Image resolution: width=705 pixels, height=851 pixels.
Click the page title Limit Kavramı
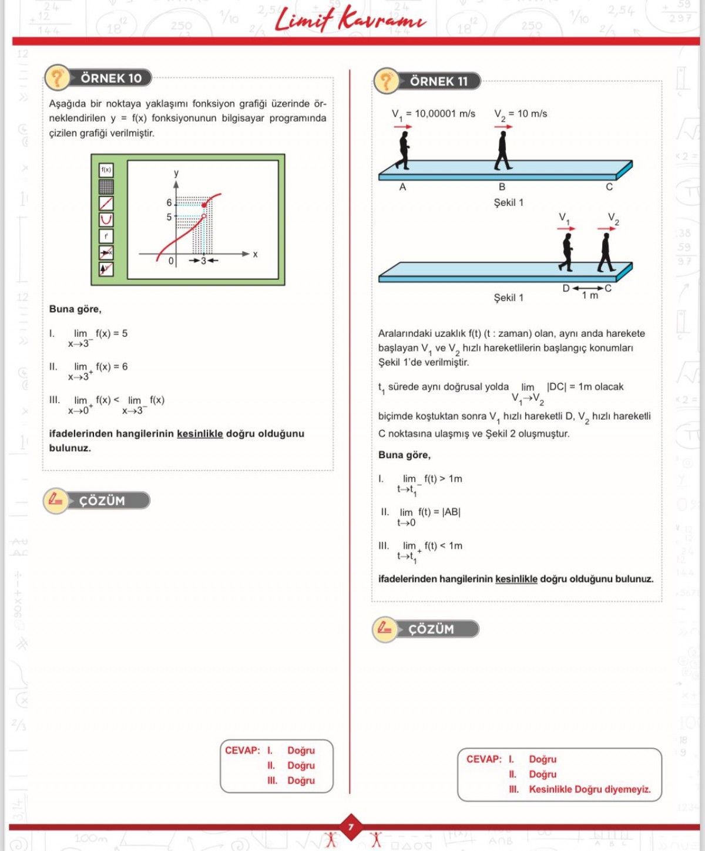pyautogui.click(x=350, y=19)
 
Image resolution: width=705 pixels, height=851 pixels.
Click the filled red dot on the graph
pyautogui.click(x=204, y=205)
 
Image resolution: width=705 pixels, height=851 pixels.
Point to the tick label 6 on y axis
pyautogui.click(x=169, y=202)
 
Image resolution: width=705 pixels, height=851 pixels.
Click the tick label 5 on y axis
pyautogui.click(x=169, y=217)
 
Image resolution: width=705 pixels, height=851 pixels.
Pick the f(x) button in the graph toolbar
pyautogui.click(x=106, y=170)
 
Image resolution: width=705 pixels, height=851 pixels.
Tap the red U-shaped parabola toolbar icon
pyautogui.click(x=106, y=219)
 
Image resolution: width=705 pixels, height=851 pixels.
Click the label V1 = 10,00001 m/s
pyautogui.click(x=434, y=114)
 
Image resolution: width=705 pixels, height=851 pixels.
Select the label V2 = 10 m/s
pyautogui.click(x=521, y=114)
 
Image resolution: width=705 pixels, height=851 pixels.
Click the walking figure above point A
pyautogui.click(x=404, y=150)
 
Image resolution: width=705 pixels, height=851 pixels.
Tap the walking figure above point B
pyautogui.click(x=502, y=150)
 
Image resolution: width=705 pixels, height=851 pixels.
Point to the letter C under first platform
pyautogui.click(x=609, y=187)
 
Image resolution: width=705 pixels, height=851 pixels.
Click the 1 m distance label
pyautogui.click(x=590, y=296)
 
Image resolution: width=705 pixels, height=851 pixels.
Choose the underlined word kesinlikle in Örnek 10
pyautogui.click(x=200, y=434)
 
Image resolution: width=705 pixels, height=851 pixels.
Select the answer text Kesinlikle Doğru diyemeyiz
pyautogui.click(x=589, y=789)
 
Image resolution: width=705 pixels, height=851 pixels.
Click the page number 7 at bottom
pyautogui.click(x=351, y=828)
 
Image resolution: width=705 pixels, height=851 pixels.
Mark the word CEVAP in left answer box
pyautogui.click(x=242, y=751)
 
